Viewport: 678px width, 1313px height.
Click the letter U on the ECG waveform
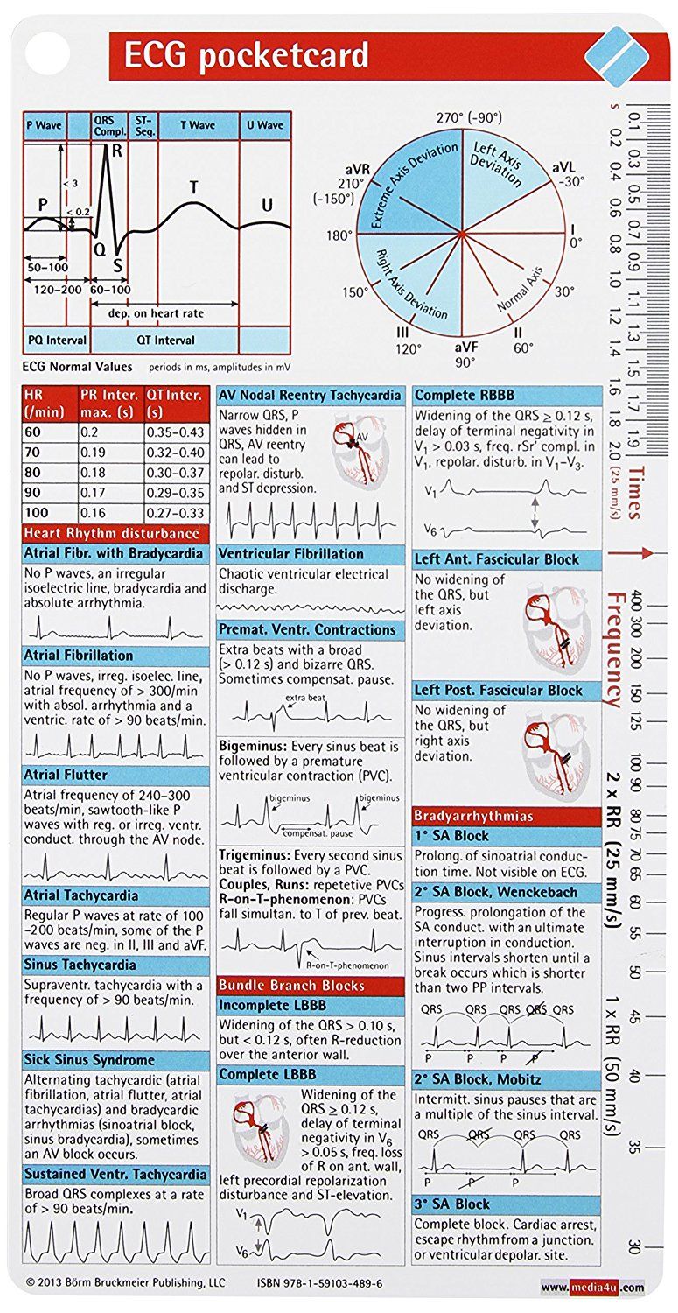pyautogui.click(x=267, y=205)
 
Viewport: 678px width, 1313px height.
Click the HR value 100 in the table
pyautogui.click(x=38, y=512)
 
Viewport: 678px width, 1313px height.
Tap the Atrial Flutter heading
pyautogui.click(x=67, y=775)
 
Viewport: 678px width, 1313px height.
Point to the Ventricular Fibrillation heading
pyautogui.click(x=291, y=554)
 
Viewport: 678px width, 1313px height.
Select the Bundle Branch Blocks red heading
pyautogui.click(x=291, y=985)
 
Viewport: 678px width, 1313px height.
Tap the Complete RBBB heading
pyautogui.click(x=462, y=395)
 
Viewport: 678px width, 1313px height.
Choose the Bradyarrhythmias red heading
pyautogui.click(x=473, y=816)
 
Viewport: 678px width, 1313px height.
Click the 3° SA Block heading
pyautogui.click(x=452, y=1204)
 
